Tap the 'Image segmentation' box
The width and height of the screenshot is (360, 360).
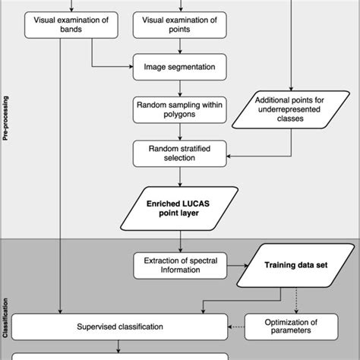pyautogui.click(x=179, y=67)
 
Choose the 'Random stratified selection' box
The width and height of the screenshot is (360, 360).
pyautogui.click(x=179, y=153)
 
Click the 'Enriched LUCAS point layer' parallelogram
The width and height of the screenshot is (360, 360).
pyautogui.click(x=179, y=207)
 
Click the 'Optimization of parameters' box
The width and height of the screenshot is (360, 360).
pyautogui.click(x=290, y=327)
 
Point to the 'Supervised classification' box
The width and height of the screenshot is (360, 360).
pyautogui.click(x=122, y=327)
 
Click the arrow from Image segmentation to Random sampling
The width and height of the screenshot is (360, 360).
pyautogui.click(x=180, y=87)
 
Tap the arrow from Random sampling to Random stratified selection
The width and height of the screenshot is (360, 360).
pyautogui.click(x=180, y=131)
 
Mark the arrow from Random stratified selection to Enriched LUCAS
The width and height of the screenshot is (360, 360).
pyautogui.click(x=180, y=177)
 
